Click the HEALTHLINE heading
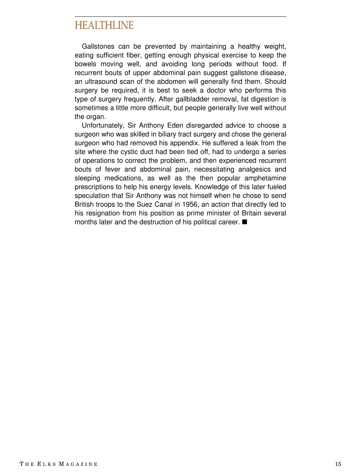coord(104,26)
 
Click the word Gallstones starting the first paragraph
coord(98,47)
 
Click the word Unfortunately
coord(103,125)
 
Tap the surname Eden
coord(173,125)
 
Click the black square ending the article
coord(244,222)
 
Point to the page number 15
coord(338,464)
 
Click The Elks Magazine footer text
coord(59,464)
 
